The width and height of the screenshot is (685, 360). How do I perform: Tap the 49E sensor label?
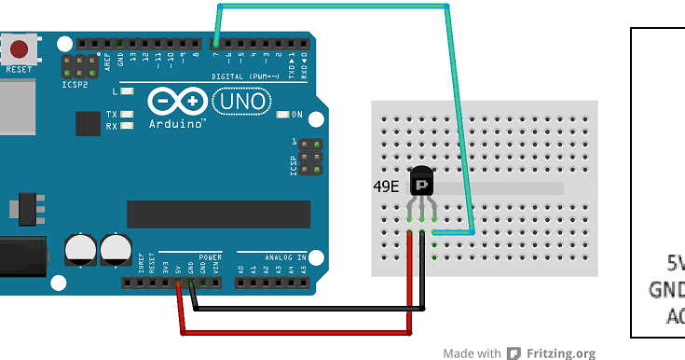(386, 187)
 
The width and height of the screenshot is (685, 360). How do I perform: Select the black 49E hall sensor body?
(421, 184)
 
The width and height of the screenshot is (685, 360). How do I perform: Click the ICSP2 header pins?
(79, 64)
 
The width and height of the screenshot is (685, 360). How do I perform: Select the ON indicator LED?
(284, 115)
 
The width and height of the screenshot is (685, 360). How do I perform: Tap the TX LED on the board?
(127, 115)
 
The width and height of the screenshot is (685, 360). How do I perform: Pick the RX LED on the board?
(127, 126)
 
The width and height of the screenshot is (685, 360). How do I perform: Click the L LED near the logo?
(127, 91)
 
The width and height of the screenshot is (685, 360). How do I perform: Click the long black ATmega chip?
(218, 214)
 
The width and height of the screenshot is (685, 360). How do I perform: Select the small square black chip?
(88, 123)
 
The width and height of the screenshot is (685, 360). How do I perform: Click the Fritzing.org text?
(560, 353)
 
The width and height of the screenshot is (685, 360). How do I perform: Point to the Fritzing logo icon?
(514, 353)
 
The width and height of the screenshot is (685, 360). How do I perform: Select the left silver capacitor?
(79, 249)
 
